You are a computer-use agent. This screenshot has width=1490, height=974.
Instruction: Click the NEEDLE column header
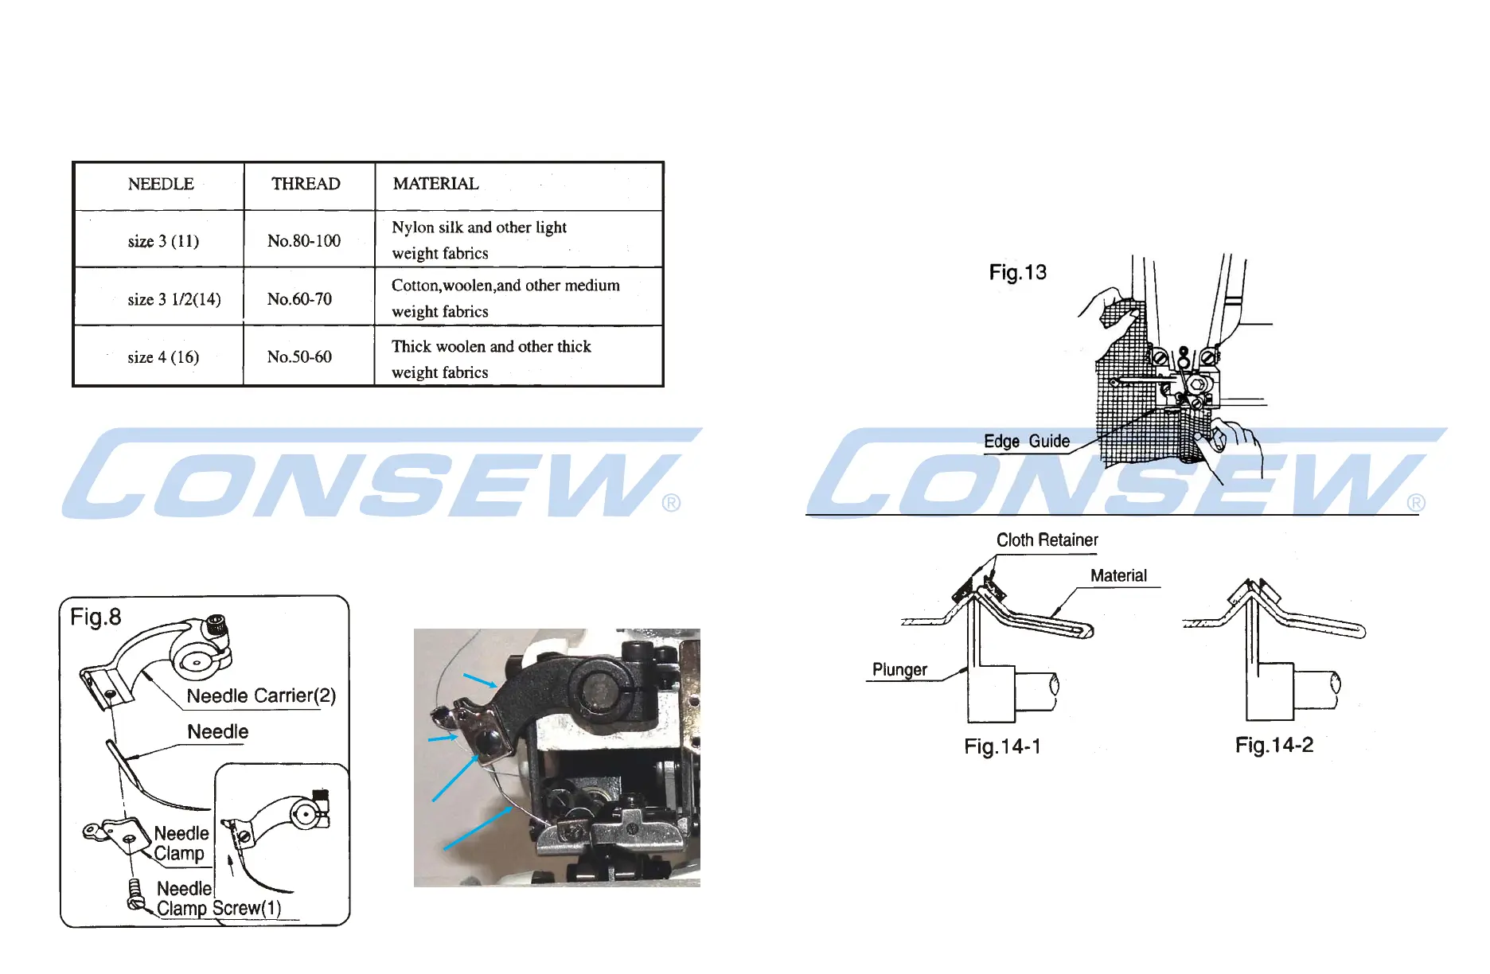click(x=161, y=184)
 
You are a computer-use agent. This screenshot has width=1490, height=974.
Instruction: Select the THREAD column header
click(x=306, y=184)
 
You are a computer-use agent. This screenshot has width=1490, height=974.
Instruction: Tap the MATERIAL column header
click(x=436, y=184)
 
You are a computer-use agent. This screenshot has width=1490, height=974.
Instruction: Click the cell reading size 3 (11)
click(x=163, y=241)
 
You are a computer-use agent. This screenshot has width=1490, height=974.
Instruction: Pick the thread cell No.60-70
click(x=299, y=299)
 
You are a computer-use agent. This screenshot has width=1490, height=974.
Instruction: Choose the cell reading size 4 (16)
click(x=163, y=357)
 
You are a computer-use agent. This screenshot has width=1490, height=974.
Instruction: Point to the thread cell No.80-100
click(x=304, y=241)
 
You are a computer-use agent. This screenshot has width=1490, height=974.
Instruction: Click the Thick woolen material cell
click(x=491, y=359)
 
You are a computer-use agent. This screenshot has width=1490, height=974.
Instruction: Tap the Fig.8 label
click(x=96, y=617)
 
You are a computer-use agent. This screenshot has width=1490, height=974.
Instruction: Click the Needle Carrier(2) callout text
click(x=261, y=696)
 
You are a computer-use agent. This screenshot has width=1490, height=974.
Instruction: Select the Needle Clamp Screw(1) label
click(x=217, y=899)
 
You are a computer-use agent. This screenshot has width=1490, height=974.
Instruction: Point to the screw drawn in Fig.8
click(x=136, y=894)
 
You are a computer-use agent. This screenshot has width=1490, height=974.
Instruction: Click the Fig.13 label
click(x=1017, y=273)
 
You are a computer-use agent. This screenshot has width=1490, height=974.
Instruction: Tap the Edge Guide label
click(x=1027, y=442)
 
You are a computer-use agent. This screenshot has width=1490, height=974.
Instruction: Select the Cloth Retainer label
click(x=1047, y=540)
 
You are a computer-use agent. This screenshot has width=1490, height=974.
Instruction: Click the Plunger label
click(x=899, y=670)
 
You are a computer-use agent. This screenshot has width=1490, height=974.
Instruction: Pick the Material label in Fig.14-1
click(x=1118, y=576)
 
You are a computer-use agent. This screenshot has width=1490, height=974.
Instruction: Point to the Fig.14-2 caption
click(x=1274, y=746)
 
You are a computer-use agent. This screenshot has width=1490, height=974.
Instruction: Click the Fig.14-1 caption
click(x=1002, y=746)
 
